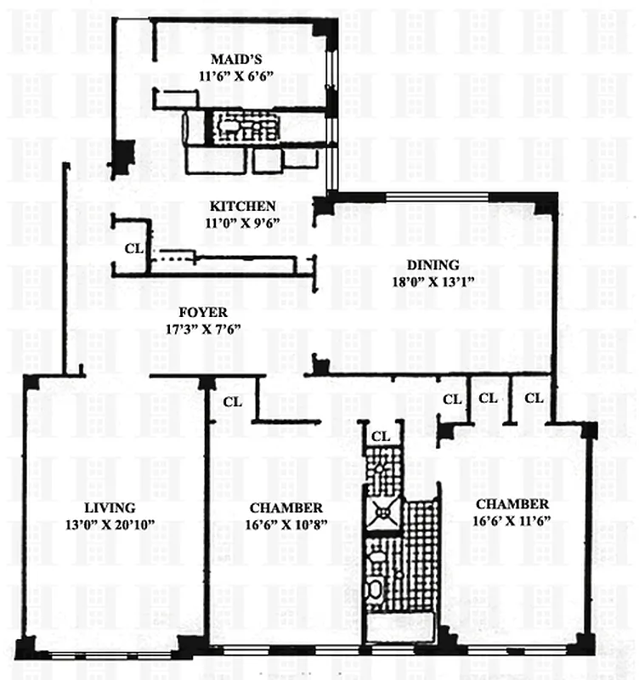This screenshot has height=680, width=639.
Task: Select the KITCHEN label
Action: (x=243, y=207)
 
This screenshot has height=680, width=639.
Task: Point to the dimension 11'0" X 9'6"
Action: (x=243, y=223)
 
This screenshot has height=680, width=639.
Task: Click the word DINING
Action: (x=433, y=264)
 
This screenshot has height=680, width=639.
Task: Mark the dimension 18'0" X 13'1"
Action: (x=433, y=280)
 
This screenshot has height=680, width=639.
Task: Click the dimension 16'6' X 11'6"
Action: (x=512, y=519)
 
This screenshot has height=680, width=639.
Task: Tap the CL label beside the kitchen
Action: (x=133, y=250)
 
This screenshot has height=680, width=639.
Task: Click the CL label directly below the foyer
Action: (x=232, y=400)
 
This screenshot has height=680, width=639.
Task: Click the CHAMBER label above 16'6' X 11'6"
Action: (x=512, y=503)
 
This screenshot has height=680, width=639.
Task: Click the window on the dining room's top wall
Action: (x=438, y=198)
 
